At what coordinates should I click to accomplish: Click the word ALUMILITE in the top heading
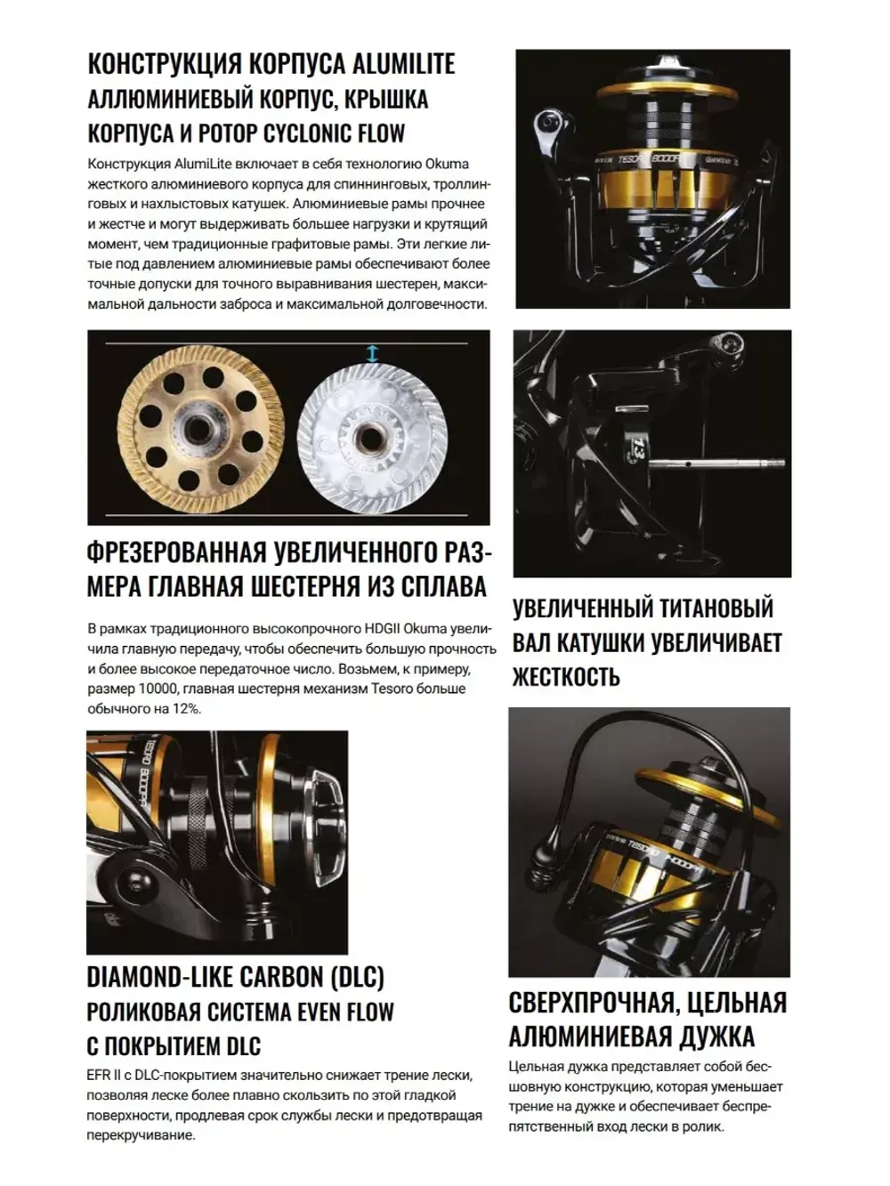(404, 64)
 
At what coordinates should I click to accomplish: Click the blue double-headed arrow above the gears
(373, 353)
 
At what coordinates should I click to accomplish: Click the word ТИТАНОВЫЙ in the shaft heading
(707, 609)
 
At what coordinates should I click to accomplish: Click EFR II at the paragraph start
(108, 1076)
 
